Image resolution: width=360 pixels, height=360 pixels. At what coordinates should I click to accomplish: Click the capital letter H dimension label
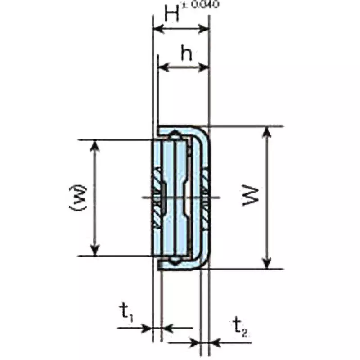[x=172, y=14]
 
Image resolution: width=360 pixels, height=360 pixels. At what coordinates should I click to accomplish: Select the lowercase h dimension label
[x=186, y=54]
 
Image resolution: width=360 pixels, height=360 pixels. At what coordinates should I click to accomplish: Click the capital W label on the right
[x=250, y=197]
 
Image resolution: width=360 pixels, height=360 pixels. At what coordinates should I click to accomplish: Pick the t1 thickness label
[x=126, y=312]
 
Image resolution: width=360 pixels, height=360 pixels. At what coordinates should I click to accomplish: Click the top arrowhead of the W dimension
[x=268, y=130]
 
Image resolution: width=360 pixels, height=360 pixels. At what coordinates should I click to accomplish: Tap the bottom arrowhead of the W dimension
[x=268, y=265]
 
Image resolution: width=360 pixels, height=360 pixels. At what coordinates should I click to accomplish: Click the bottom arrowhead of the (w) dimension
[x=94, y=252]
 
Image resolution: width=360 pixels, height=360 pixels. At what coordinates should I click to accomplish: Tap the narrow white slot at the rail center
[x=185, y=198]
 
